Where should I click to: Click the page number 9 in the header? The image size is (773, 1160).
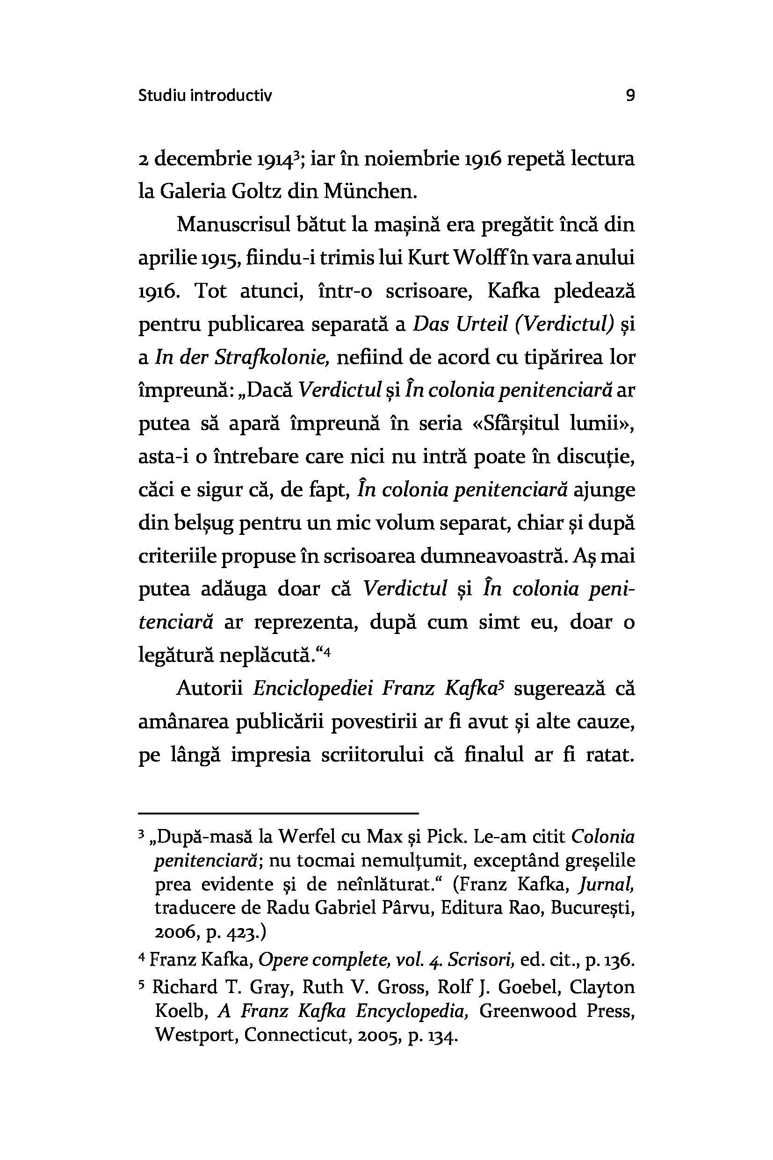(x=630, y=95)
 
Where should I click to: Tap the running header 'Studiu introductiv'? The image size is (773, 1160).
(x=204, y=95)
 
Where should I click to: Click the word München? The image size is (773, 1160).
(x=370, y=191)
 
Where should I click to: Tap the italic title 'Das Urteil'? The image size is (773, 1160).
(x=460, y=324)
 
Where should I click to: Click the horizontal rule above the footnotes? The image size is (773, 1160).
(x=278, y=813)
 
